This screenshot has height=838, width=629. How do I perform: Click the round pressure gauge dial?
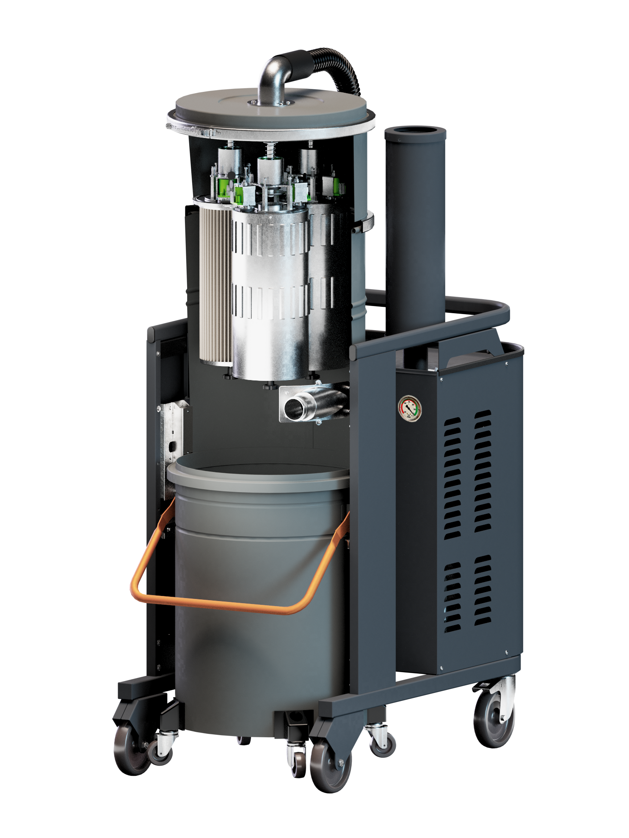(409, 408)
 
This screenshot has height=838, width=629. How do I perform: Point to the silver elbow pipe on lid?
(271, 76)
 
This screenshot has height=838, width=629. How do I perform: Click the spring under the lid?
(269, 149)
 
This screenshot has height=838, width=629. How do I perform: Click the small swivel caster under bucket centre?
(298, 762)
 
